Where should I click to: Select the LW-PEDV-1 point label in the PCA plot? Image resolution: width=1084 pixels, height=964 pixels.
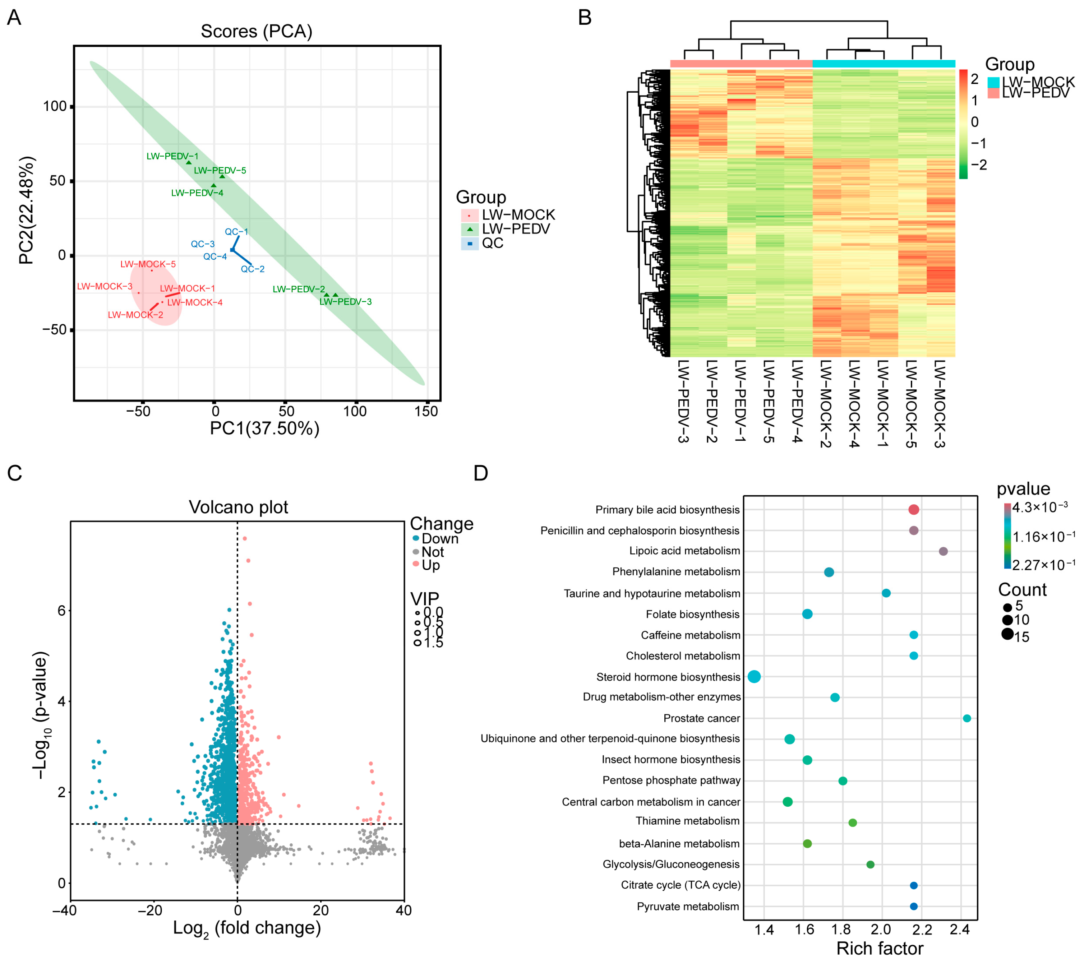172,157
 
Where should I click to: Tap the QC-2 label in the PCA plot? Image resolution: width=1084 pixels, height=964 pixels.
253,269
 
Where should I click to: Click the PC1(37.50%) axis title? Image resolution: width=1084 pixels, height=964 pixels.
265,428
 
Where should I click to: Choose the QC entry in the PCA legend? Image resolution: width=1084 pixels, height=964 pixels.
492,244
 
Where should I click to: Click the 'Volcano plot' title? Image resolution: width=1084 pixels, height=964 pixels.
238,508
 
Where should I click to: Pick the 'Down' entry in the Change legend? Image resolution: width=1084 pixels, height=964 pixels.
440,539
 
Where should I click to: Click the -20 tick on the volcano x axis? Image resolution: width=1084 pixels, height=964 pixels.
150,910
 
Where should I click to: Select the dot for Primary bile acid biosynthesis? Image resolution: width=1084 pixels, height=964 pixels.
913,510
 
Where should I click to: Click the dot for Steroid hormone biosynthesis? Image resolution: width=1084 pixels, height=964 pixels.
754,677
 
